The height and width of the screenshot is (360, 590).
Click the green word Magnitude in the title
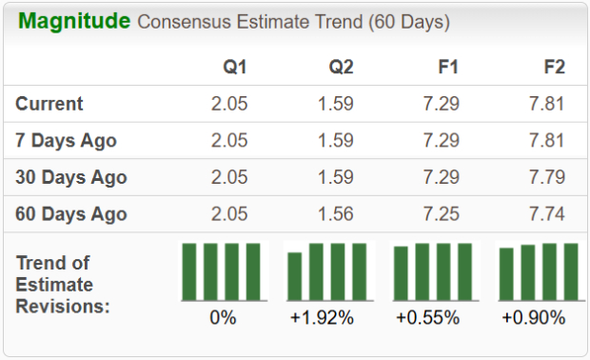click(x=75, y=21)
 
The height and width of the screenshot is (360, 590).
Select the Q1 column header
click(x=236, y=68)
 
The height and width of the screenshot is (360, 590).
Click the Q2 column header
click(x=341, y=68)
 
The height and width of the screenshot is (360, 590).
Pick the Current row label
click(x=49, y=104)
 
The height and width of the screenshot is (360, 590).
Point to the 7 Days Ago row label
click(x=67, y=141)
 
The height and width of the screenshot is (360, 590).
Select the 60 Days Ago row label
click(x=71, y=213)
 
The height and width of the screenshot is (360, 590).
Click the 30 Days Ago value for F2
click(x=546, y=177)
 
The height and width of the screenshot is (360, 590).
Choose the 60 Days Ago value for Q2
click(x=335, y=213)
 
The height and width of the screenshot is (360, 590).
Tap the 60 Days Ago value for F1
click(x=441, y=213)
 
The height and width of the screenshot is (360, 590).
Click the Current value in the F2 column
click(x=546, y=104)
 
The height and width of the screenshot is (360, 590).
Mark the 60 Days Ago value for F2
click(x=546, y=213)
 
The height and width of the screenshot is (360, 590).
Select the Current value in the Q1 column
click(x=229, y=104)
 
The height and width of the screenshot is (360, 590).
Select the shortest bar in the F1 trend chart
click(x=402, y=273)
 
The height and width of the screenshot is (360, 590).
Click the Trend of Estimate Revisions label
click(x=62, y=284)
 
